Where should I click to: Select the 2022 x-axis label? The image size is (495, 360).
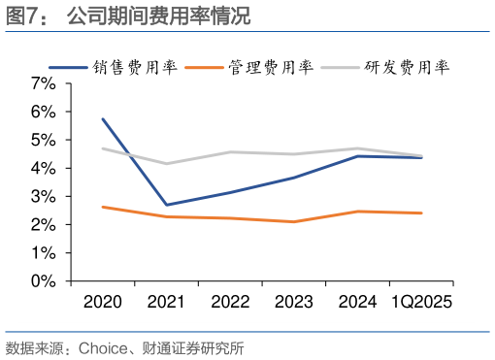[230, 302]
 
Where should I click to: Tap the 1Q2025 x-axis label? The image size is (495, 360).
[421, 302]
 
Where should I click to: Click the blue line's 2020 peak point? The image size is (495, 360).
[102, 119]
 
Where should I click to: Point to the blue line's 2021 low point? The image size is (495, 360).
[166, 205]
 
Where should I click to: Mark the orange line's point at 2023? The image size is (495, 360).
[293, 221]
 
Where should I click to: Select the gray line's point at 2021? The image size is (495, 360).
[166, 163]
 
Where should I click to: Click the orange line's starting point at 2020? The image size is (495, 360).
[102, 207]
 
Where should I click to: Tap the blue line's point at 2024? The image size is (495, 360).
[357, 156]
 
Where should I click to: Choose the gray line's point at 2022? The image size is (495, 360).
[230, 151]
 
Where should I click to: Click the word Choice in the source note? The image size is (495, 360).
[100, 347]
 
